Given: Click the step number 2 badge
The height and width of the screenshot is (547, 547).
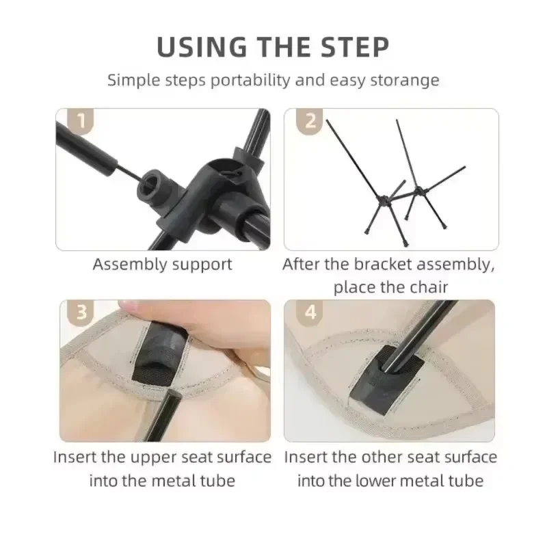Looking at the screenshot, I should [x=310, y=122].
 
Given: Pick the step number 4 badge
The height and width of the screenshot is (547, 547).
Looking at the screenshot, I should [x=310, y=312].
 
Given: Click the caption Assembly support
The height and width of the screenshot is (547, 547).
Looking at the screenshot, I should [x=162, y=264].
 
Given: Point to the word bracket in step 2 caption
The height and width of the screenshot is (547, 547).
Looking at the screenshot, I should [x=392, y=264].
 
